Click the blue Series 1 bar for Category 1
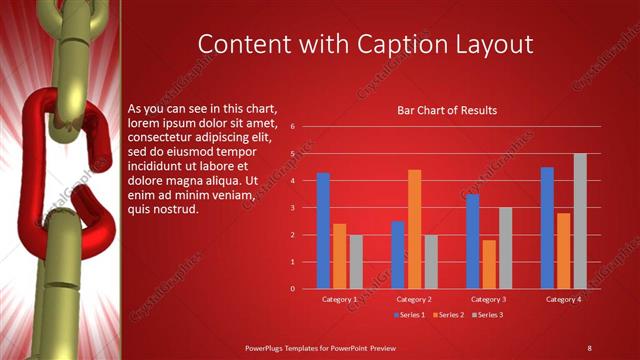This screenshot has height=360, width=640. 323,231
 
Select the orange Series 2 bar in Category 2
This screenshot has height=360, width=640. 414,229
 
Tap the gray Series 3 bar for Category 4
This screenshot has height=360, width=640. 580,221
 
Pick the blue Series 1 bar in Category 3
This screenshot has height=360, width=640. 473,241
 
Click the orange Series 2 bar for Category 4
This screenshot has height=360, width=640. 564,250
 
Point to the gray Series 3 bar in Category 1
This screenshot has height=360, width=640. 356,261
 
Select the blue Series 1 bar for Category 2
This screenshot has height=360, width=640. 398,254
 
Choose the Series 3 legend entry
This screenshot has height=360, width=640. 489,315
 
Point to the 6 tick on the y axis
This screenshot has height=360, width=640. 292,127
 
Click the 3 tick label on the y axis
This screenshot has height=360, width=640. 292,208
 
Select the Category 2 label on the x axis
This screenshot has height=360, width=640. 414,299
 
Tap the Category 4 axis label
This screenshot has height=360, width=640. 564,299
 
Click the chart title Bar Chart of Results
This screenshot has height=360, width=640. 447,110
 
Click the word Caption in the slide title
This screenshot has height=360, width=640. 411,45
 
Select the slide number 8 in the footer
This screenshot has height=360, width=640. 589,347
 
